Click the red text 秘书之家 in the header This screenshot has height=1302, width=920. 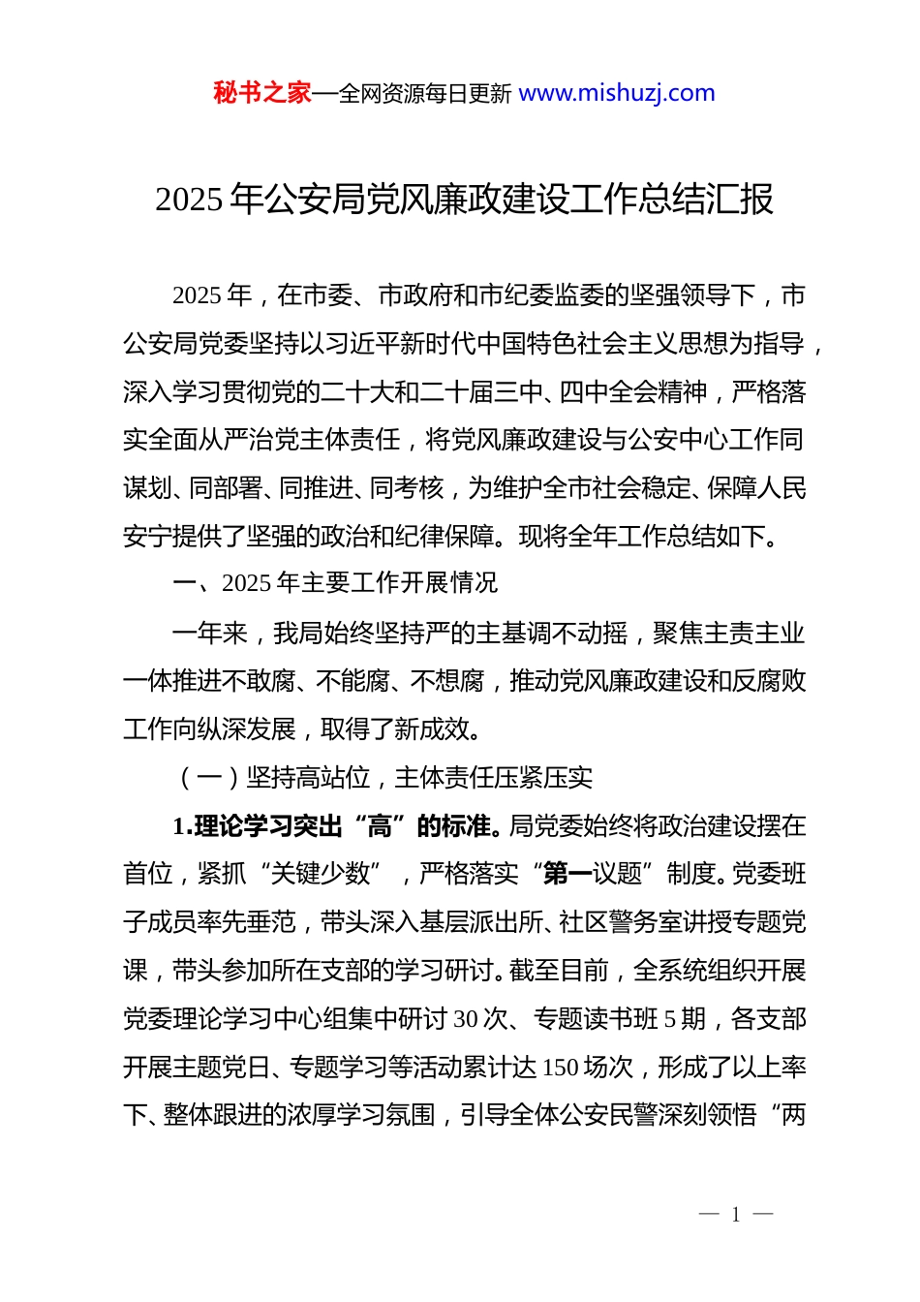(x=262, y=93)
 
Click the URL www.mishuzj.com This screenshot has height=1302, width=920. (x=617, y=93)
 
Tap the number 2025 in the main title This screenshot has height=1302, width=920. (x=189, y=200)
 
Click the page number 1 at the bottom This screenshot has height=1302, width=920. (x=736, y=1215)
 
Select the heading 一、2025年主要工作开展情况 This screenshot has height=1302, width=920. (x=335, y=583)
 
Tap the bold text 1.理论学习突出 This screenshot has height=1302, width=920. (x=258, y=826)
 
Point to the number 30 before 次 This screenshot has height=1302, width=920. (x=466, y=1019)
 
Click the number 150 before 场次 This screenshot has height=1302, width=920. (x=561, y=1068)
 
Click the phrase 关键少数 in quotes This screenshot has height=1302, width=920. (x=321, y=874)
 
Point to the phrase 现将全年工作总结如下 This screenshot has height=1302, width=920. (x=642, y=536)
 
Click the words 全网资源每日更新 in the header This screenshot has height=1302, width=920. (x=425, y=94)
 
